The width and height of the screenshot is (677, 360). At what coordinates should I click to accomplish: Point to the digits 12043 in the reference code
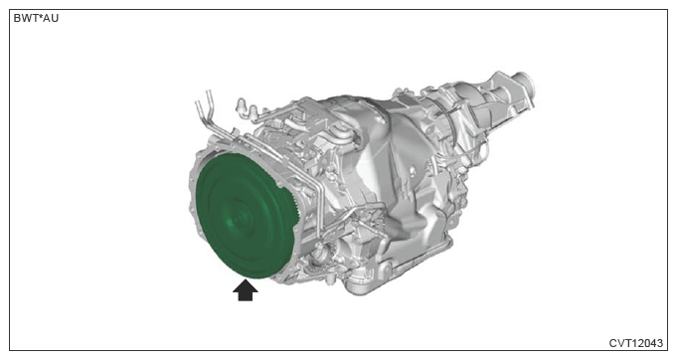[647, 343]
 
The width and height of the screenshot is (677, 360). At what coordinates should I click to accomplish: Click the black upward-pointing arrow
[246, 290]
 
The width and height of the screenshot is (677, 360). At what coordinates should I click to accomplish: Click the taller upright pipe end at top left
[210, 98]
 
